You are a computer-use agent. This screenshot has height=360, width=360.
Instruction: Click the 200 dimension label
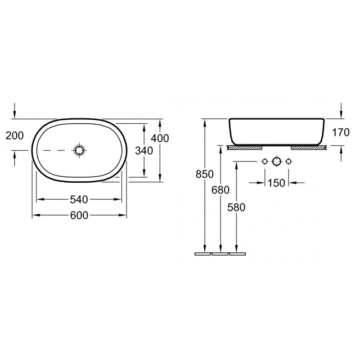point(14,135)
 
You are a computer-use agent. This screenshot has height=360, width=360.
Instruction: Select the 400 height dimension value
point(160,138)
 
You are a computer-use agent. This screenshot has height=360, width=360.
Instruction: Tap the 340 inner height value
point(144,151)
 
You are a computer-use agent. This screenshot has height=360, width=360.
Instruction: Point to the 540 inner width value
point(79,199)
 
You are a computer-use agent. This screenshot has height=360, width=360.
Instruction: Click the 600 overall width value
point(79,216)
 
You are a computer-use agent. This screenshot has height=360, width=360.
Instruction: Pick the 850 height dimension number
point(205,174)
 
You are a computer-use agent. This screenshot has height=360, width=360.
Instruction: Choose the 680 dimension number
point(220,190)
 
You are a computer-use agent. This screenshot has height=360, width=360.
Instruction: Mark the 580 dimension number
point(236,207)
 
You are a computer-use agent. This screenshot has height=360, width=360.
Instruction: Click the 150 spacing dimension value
point(276,183)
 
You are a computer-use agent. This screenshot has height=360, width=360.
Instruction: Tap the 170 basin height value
point(341,132)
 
